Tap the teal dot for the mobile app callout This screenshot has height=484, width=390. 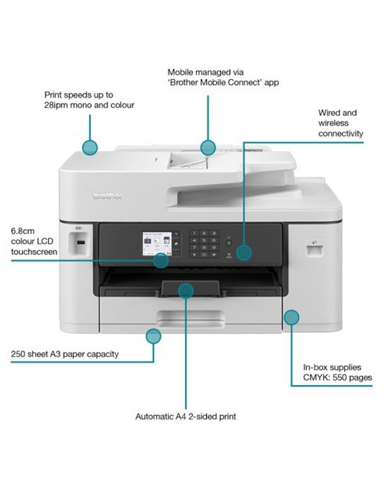207,147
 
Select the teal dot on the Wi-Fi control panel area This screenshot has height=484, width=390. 243,252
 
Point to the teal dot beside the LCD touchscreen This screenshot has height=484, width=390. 161,261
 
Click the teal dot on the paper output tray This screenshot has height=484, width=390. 185,289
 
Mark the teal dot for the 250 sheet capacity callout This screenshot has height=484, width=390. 153,336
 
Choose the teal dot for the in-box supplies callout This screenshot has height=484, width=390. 291,317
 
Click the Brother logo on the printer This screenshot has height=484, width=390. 103,196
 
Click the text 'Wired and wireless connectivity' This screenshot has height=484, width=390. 340,123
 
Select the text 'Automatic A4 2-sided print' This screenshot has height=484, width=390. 185,416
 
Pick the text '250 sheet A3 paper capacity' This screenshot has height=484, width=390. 64,355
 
